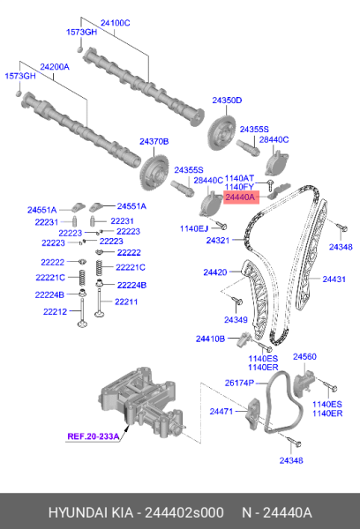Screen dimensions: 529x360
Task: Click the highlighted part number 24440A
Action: click(240, 199)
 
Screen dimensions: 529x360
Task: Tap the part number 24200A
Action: click(56, 66)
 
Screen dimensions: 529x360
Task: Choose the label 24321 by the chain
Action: click(218, 240)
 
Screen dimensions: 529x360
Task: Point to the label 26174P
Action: click(238, 383)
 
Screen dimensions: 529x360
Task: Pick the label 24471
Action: click(221, 411)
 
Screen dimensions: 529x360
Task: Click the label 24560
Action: click(304, 356)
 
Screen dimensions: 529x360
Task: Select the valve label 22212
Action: click(55, 311)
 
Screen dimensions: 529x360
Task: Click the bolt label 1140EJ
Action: click(195, 228)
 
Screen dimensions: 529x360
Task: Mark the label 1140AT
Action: click(239, 177)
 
